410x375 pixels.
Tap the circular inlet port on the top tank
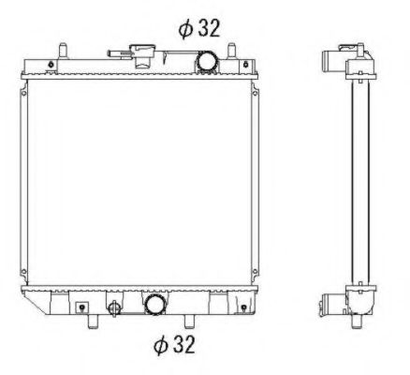[206, 61]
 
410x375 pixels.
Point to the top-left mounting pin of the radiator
[65, 47]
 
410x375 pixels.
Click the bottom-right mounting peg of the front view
[200, 321]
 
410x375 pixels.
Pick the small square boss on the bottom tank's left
[82, 306]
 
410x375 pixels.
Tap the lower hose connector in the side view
[329, 302]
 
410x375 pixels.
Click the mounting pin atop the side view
[358, 47]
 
